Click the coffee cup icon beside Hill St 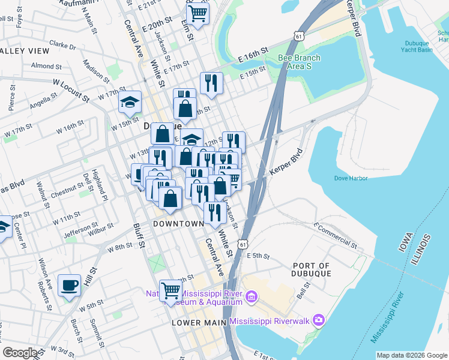70,285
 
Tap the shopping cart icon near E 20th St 197,13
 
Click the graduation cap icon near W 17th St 129,102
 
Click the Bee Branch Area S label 299,62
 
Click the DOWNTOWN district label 178,224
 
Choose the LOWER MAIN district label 198,322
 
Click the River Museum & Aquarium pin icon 252,295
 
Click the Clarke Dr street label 63,45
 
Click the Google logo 20,353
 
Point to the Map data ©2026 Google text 411,355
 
